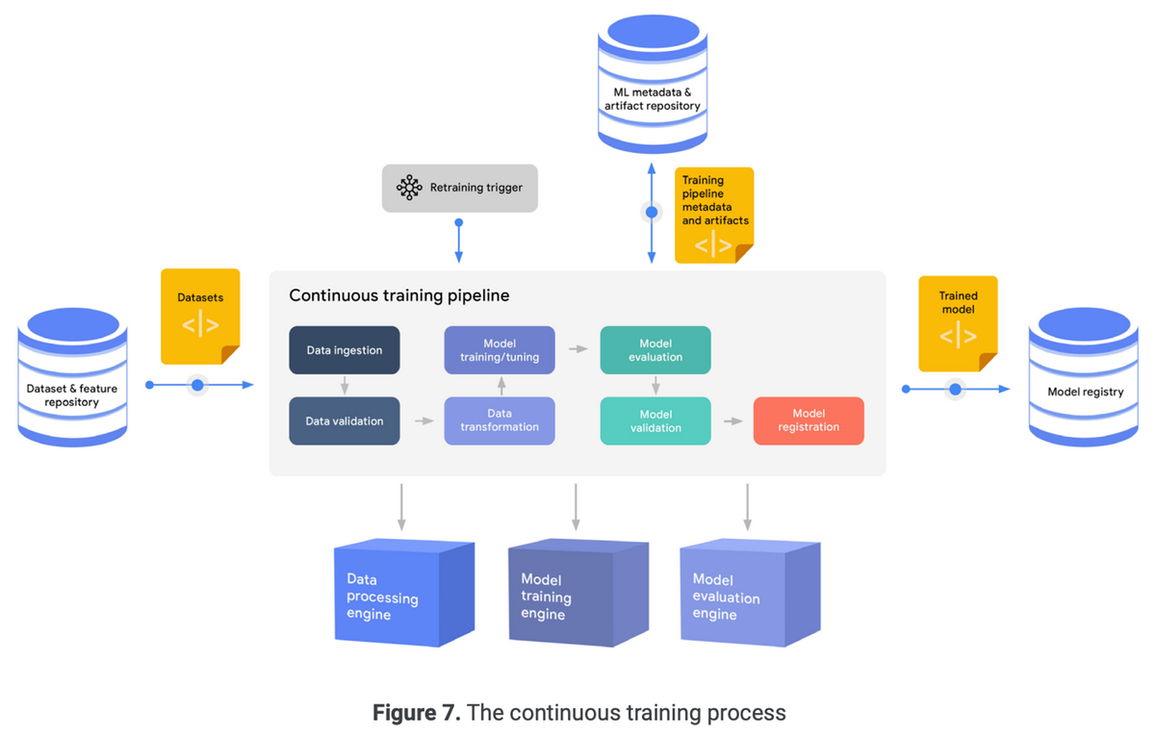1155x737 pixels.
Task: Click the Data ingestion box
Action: pyautogui.click(x=345, y=350)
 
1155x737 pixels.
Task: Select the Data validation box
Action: pyautogui.click(x=345, y=420)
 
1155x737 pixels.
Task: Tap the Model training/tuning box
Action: pyautogui.click(x=499, y=350)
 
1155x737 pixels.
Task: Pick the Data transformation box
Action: pyautogui.click(x=499, y=420)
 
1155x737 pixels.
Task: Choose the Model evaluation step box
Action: pyautogui.click(x=655, y=350)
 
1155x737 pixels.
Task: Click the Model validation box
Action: pyautogui.click(x=655, y=420)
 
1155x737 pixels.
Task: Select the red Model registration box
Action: pyautogui.click(x=808, y=420)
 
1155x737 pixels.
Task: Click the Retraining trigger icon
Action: pyautogui.click(x=410, y=188)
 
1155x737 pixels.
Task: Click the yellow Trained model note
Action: pyautogui.click(x=958, y=323)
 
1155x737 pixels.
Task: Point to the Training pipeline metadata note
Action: pyautogui.click(x=713, y=215)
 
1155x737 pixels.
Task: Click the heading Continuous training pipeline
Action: pyautogui.click(x=399, y=296)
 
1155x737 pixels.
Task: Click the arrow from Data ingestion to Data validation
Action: pyautogui.click(x=345, y=386)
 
